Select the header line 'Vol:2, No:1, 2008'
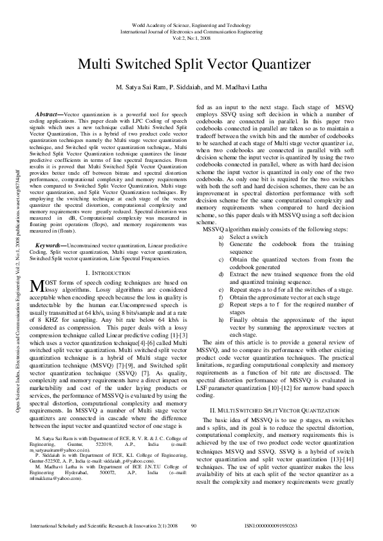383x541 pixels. [191, 38]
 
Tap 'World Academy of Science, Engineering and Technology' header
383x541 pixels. [191, 25]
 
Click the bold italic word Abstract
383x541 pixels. [49, 113]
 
